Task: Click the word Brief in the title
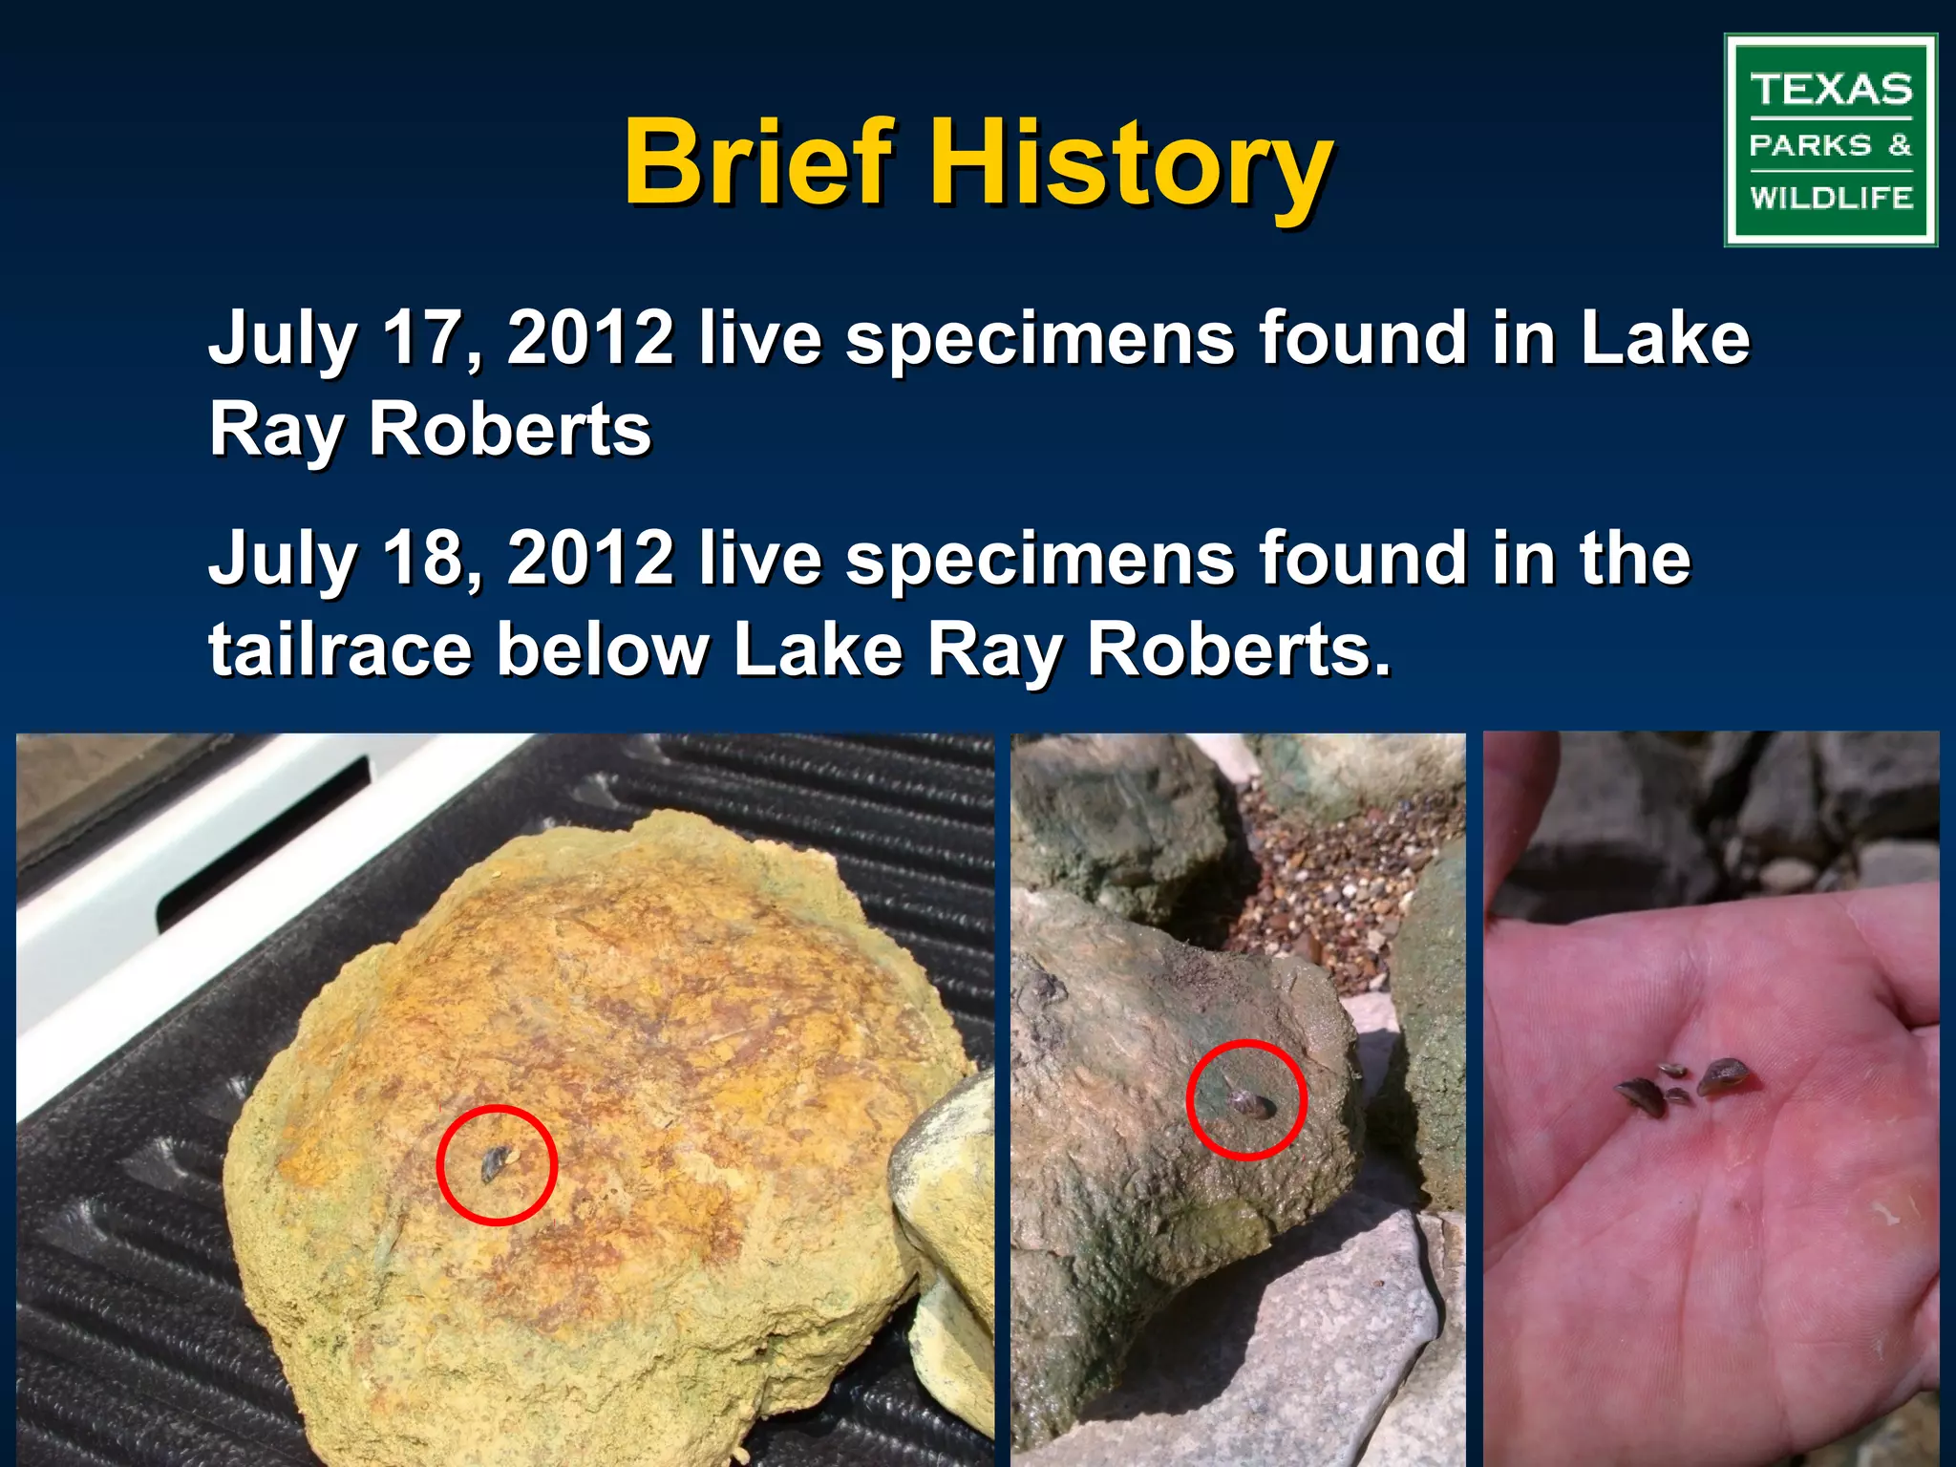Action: click(x=759, y=162)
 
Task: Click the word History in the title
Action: click(x=1132, y=164)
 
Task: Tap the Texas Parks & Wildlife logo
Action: click(x=1830, y=140)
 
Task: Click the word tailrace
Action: click(x=340, y=650)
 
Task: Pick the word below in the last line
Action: click(x=604, y=650)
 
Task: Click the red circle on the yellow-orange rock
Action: click(x=497, y=1108)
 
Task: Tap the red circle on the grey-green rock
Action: click(x=1246, y=1043)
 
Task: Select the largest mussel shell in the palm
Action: click(x=1727, y=1076)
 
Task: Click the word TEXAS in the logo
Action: click(x=1831, y=90)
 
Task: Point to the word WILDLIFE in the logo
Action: click(x=1831, y=198)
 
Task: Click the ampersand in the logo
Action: click(x=1900, y=145)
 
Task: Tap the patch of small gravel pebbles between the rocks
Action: click(x=1337, y=879)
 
